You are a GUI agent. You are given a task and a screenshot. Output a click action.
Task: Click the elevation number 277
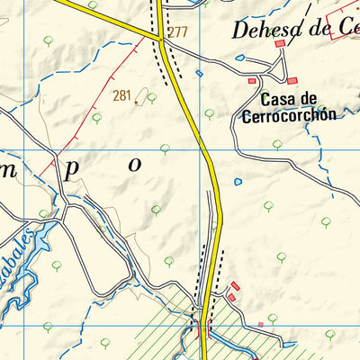point(176,32)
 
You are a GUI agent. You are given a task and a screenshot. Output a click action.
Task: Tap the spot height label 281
point(122,94)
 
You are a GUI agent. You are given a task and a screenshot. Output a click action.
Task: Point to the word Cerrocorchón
point(288,115)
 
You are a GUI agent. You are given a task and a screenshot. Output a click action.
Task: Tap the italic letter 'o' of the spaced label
point(136,165)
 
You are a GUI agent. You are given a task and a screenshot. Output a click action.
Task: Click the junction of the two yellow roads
point(158,38)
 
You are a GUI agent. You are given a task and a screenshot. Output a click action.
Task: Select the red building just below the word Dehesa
point(280,43)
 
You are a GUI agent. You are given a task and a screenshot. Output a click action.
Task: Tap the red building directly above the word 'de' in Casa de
point(252,82)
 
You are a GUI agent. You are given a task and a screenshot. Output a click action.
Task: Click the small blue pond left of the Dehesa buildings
point(240,58)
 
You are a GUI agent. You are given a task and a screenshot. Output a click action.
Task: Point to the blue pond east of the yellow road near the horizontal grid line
point(238,182)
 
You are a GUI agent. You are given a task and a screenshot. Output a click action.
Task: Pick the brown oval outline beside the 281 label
point(136,103)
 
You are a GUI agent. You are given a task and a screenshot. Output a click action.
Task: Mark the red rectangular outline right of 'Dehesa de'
point(346,25)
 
